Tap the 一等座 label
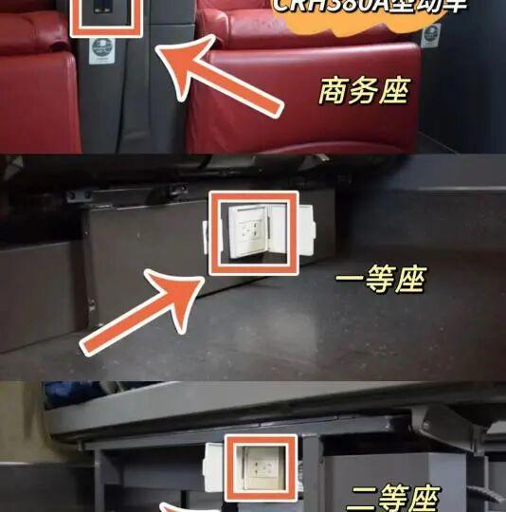click(x=381, y=281)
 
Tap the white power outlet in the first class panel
click(x=250, y=231)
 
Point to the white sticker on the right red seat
click(x=431, y=35)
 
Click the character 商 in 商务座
click(x=334, y=92)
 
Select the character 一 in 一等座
click(x=352, y=281)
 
